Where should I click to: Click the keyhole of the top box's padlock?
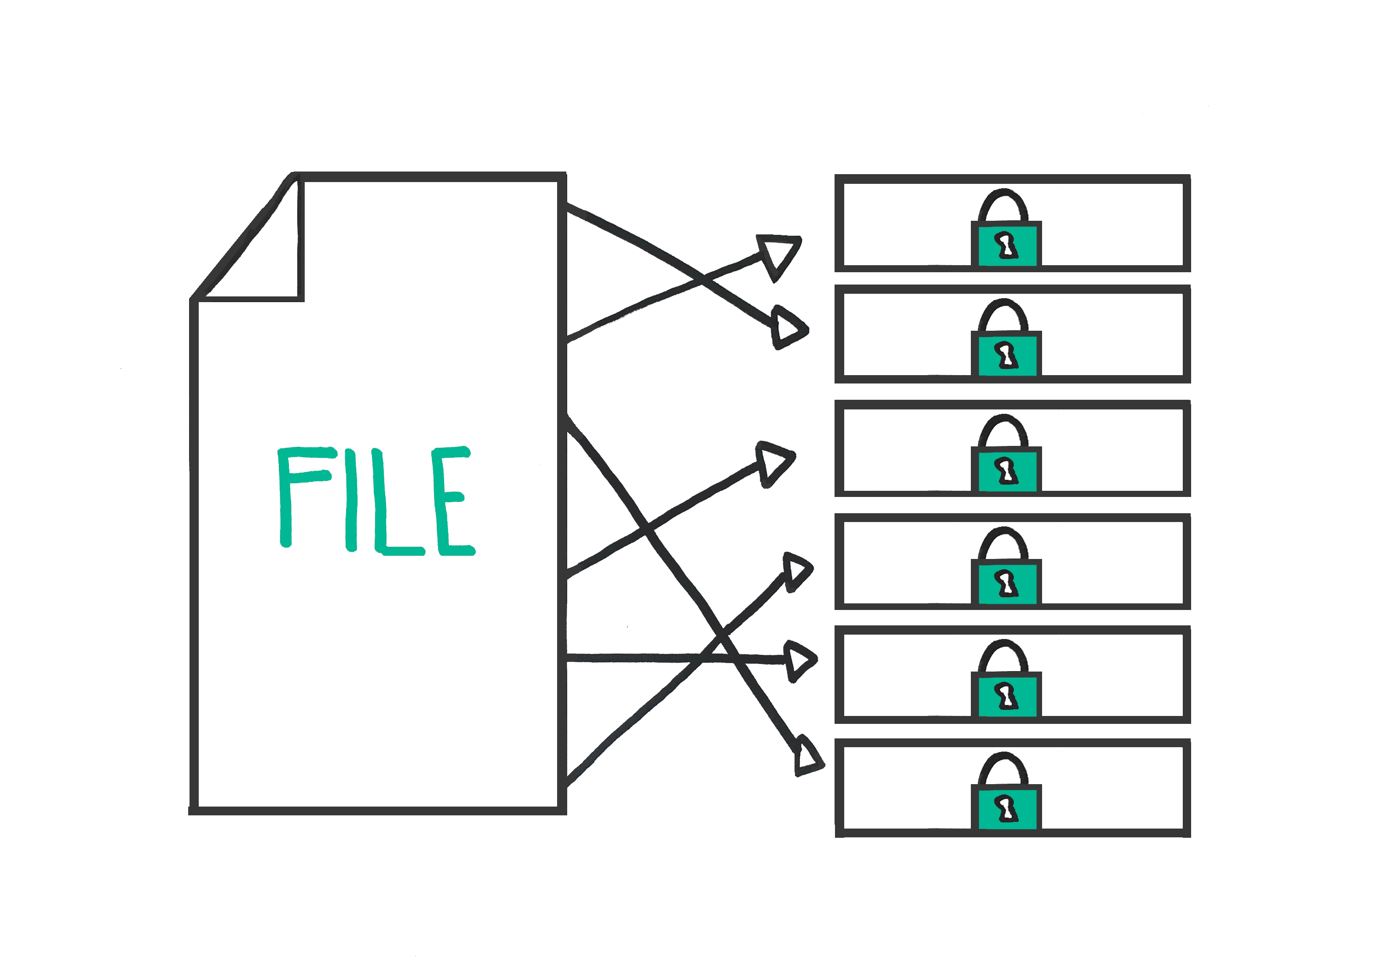click(x=1006, y=245)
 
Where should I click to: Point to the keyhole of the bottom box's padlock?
click(x=1006, y=809)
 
